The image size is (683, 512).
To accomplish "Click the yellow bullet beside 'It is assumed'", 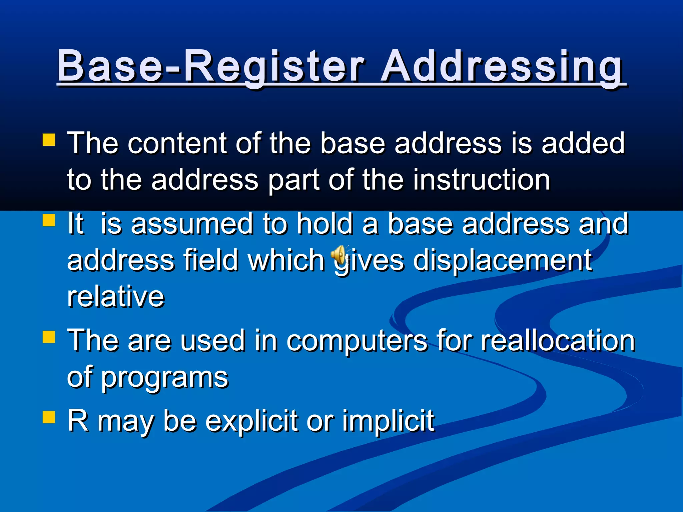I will point(49,220).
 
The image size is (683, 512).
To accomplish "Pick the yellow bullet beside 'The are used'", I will point(49,337).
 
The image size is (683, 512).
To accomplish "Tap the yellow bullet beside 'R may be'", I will point(49,417).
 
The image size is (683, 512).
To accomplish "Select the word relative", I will point(116,296).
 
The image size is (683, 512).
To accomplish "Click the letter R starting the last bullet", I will point(77,420).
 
